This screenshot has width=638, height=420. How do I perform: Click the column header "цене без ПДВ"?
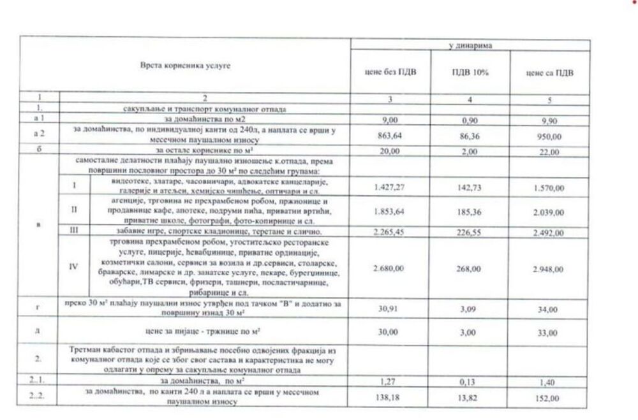click(x=391, y=73)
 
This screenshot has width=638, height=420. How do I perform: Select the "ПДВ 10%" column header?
click(x=470, y=73)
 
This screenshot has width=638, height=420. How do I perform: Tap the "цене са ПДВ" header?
click(x=549, y=73)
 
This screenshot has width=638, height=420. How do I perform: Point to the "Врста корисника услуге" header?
click(x=185, y=66)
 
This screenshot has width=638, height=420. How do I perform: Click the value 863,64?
click(x=391, y=136)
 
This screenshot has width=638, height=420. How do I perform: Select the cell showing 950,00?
click(x=549, y=136)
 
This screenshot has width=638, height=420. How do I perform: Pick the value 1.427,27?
click(x=391, y=186)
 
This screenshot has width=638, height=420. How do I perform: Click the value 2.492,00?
click(x=549, y=232)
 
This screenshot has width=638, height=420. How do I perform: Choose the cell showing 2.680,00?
click(x=391, y=269)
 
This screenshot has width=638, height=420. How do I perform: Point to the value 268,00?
click(x=470, y=269)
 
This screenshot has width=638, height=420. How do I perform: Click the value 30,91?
click(x=391, y=309)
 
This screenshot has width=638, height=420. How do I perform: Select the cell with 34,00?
click(x=549, y=310)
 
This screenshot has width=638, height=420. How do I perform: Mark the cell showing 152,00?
click(x=549, y=397)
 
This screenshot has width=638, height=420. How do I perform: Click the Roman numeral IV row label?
click(x=75, y=266)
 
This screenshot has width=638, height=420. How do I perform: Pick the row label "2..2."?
click(x=39, y=396)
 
